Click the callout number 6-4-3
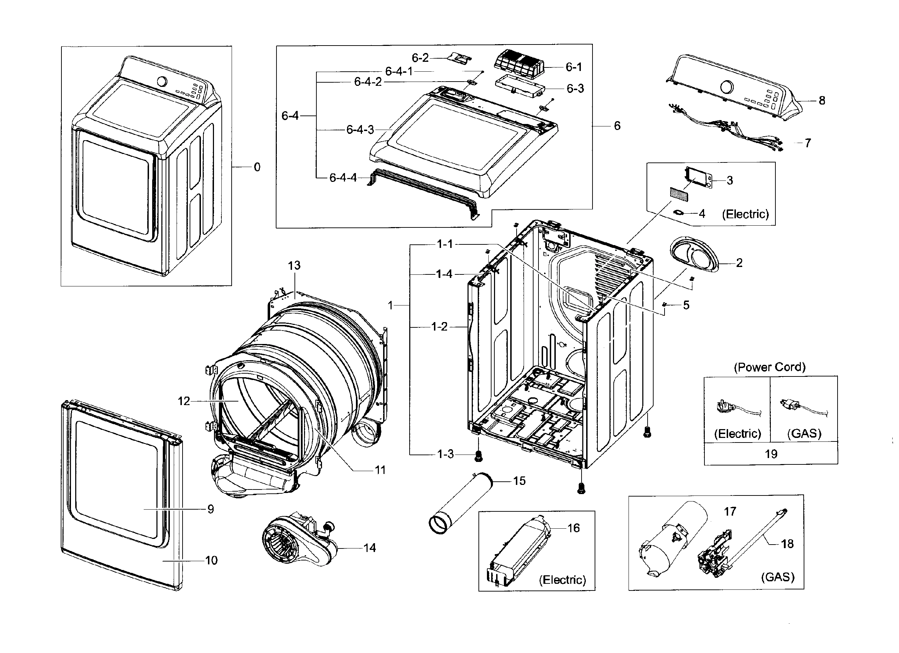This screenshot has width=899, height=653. point(360,130)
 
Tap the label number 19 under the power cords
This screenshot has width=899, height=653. point(771,453)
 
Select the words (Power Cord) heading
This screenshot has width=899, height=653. point(769,367)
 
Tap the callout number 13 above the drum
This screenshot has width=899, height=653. point(294,265)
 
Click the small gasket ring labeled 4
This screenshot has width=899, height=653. point(679,213)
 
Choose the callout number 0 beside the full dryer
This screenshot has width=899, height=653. point(257,167)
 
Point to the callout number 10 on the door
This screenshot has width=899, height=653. point(211,560)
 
